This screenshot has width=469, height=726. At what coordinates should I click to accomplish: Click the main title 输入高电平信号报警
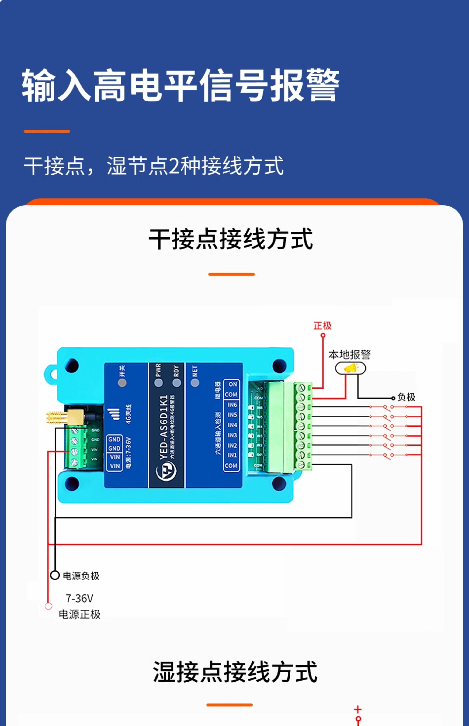(180, 85)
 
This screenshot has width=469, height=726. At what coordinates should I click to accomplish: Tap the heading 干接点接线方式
(231, 239)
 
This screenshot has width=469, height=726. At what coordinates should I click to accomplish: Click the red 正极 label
(322, 326)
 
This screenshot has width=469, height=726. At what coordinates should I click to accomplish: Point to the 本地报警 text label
(349, 355)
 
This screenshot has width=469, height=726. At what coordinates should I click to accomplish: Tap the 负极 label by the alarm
(406, 397)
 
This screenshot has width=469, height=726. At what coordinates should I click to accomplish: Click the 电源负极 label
(81, 576)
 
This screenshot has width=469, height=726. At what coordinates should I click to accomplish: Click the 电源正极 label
(79, 614)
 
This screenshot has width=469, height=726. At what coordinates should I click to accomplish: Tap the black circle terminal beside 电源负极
(55, 575)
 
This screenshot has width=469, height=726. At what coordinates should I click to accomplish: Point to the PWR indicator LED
(158, 383)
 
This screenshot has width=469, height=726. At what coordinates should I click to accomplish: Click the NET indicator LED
(195, 383)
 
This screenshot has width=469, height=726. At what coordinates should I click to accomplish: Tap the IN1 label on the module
(232, 455)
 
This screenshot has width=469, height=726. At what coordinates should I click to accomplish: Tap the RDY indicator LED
(177, 383)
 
